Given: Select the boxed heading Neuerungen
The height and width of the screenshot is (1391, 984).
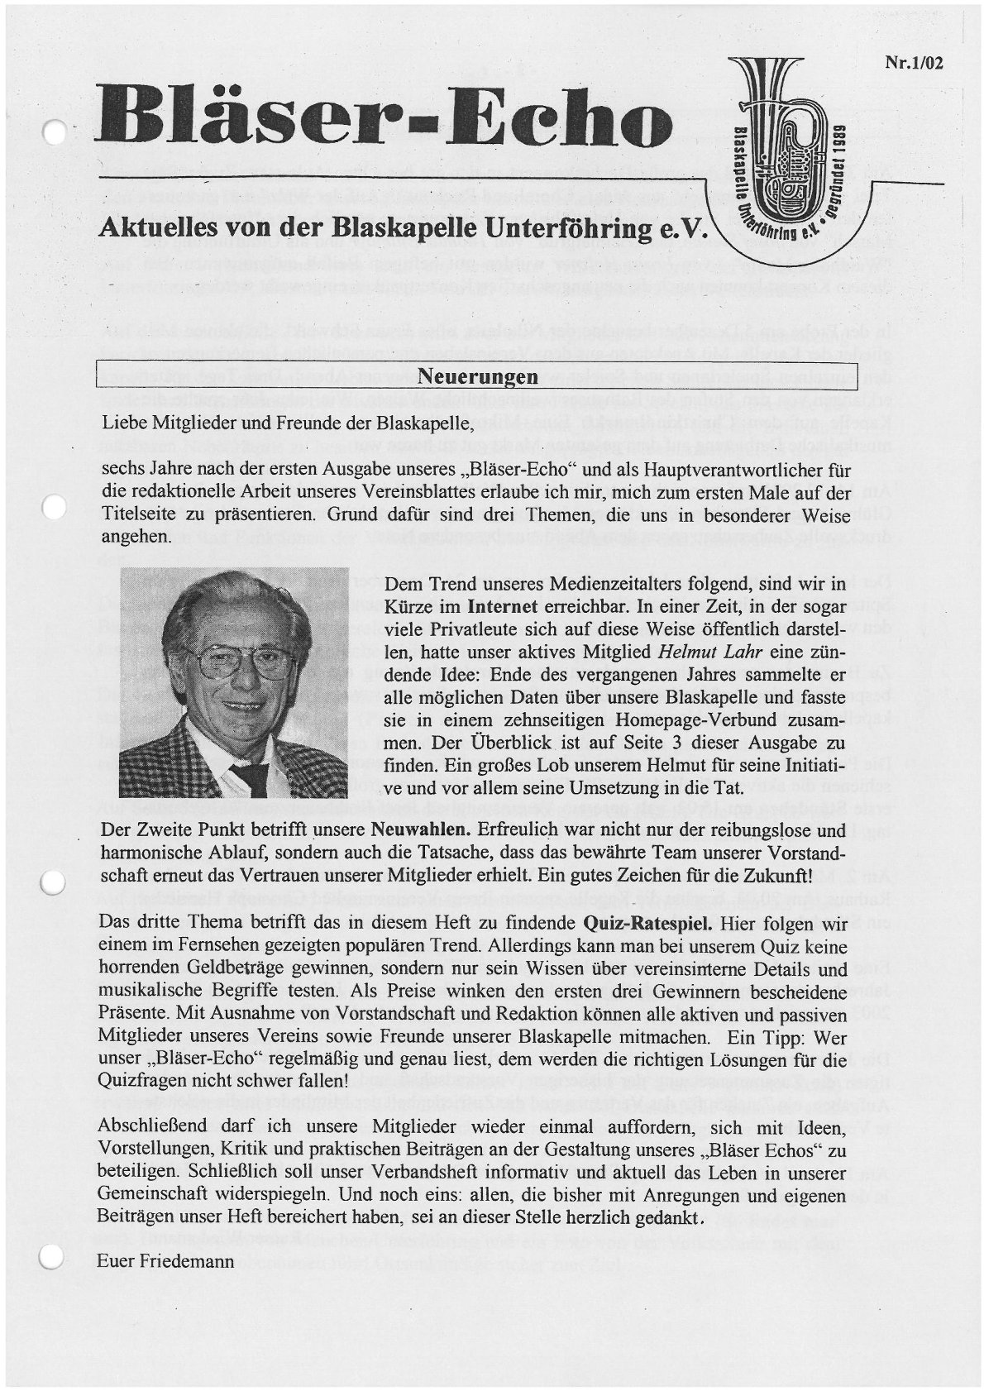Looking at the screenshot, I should tap(478, 377).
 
